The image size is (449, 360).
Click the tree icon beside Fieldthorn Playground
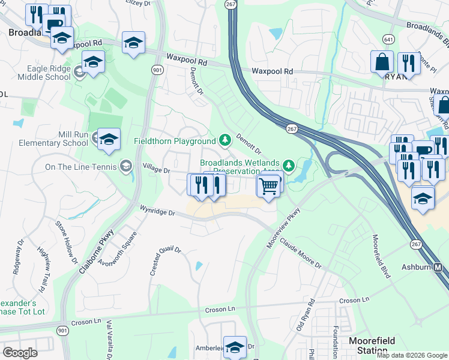[225, 140]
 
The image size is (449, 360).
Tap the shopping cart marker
[269, 185]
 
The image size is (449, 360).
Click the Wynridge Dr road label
[157, 212]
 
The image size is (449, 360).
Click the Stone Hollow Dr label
[66, 242]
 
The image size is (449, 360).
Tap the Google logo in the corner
[20, 352]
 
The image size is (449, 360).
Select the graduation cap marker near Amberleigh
[235, 347]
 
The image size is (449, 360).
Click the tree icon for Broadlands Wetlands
[289, 164]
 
